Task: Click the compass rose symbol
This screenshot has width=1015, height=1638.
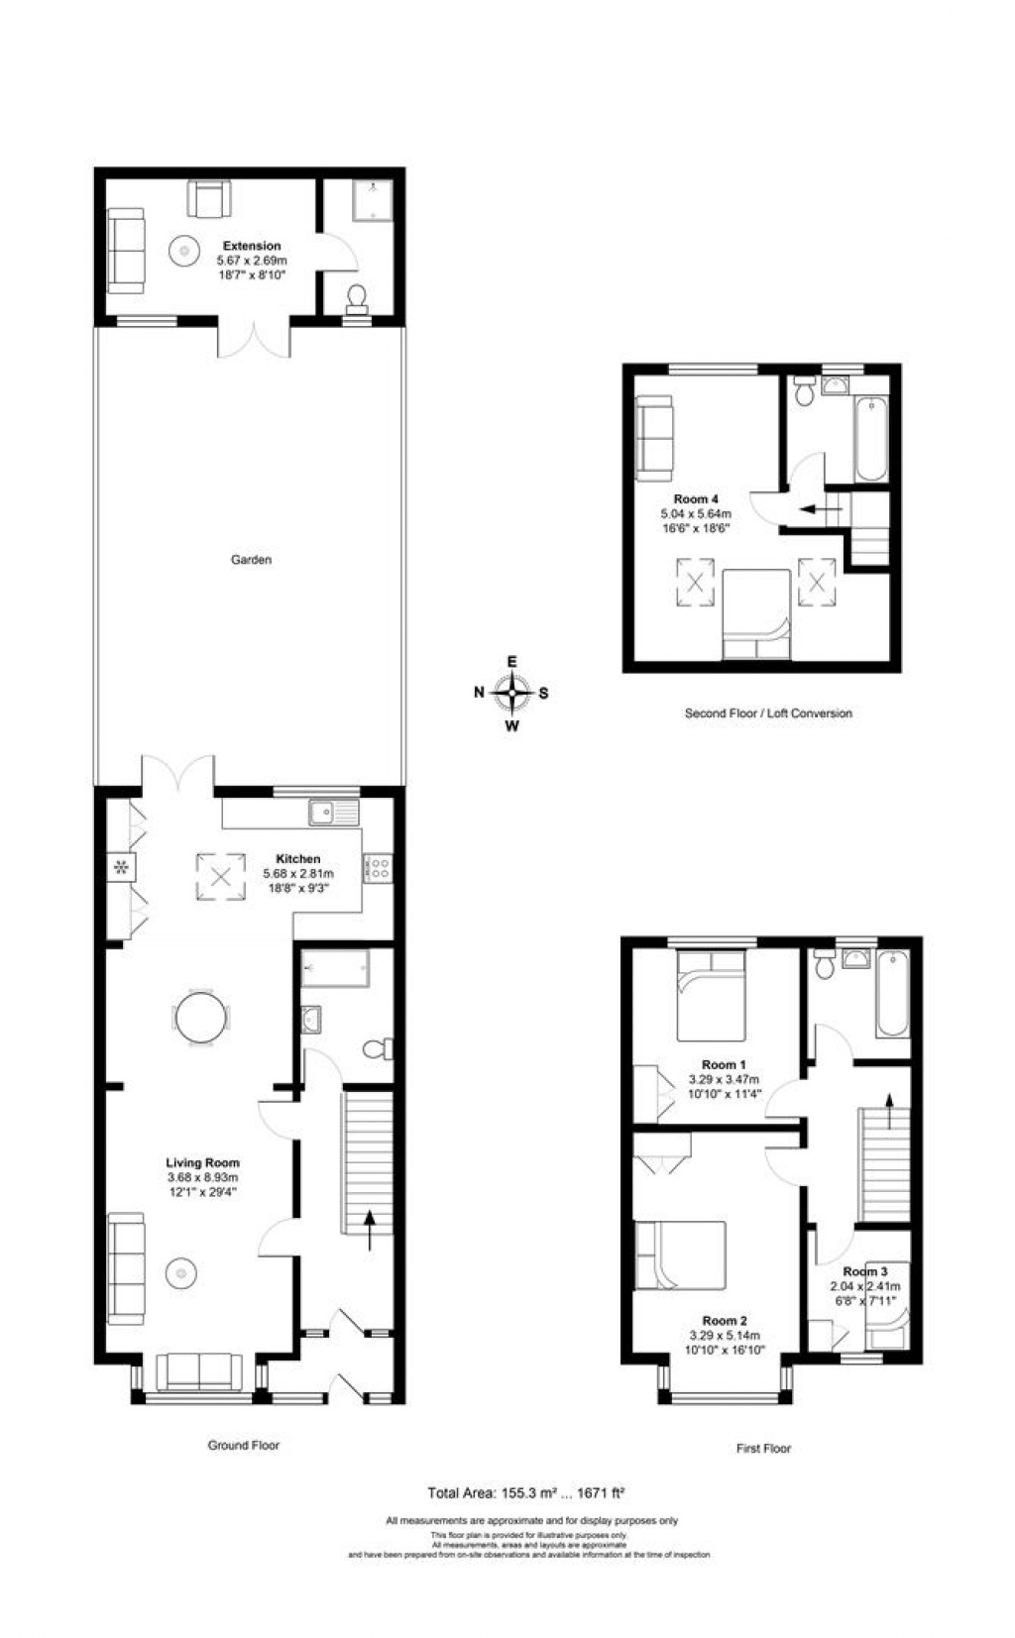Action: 511,693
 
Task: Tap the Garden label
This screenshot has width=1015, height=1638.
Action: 251,560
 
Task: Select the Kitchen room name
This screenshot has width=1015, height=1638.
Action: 297,858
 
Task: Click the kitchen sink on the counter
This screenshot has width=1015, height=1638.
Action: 333,813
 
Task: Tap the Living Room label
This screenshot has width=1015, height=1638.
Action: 202,1162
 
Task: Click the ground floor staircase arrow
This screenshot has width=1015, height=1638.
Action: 371,1228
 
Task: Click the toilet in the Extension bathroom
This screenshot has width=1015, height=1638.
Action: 356,297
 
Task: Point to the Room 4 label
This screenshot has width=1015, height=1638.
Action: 695,499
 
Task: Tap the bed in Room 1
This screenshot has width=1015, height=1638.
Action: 710,995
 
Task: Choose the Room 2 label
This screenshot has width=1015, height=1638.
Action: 725,1320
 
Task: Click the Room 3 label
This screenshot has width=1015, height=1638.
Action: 864,1271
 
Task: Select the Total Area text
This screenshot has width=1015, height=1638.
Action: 525,1492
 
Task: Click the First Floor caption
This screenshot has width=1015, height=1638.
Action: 763,1448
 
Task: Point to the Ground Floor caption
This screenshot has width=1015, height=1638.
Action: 243,1445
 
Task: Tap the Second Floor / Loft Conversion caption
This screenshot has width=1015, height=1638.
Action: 767,712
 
